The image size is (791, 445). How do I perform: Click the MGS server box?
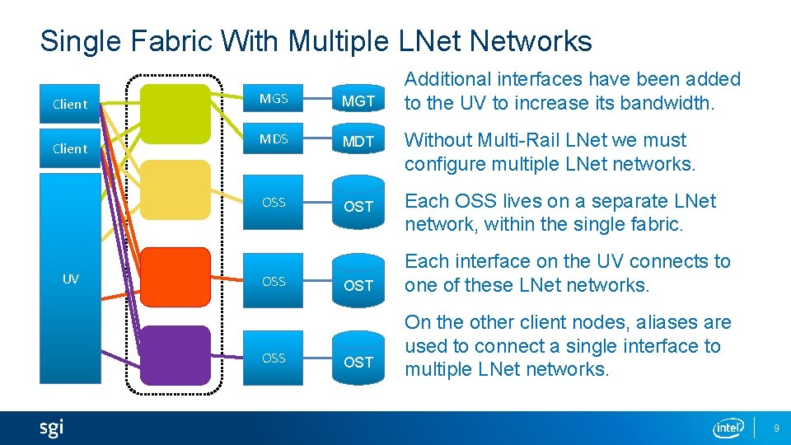[274, 99]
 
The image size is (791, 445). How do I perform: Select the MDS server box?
[274, 138]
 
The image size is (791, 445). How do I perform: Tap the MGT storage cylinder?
[358, 101]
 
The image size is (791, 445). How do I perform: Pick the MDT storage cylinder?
[358, 141]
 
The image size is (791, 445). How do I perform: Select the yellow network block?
[175, 189]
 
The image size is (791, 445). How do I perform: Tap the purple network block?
[175, 354]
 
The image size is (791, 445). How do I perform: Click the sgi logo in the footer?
[51, 428]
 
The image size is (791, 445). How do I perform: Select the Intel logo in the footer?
[728, 428]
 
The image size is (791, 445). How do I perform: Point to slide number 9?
[775, 429]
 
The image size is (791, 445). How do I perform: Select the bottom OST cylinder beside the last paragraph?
[358, 361]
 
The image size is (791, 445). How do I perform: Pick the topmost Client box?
[69, 104]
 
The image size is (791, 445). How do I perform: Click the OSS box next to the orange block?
[274, 281]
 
